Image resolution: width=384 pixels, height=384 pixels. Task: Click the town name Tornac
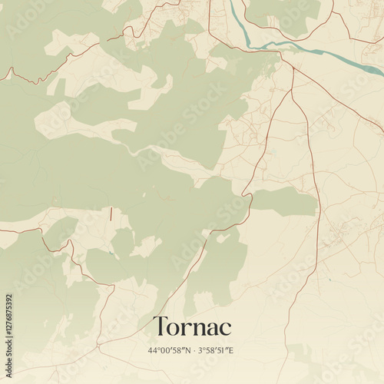click(192, 326)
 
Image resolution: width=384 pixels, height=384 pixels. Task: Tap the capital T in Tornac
click(160, 326)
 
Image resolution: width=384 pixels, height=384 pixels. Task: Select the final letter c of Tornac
click(225, 328)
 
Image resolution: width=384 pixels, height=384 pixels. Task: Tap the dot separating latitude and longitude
click(194, 350)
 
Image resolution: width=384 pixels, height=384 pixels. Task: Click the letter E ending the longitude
click(233, 350)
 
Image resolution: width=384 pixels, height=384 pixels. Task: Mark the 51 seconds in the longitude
click(223, 350)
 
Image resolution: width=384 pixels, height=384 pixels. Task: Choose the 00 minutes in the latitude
click(164, 350)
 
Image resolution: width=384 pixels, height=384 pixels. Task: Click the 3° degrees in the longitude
click(202, 350)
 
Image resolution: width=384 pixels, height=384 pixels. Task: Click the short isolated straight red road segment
click(111, 214)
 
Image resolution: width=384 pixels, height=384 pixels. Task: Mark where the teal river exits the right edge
click(382, 74)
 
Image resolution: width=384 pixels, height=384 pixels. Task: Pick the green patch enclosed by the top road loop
click(288, 15)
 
